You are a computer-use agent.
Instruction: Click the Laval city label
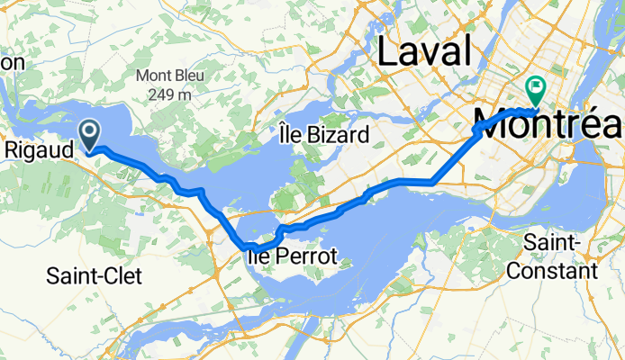(x=425, y=51)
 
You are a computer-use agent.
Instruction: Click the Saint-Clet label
(x=92, y=275)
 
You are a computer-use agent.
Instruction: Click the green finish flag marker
(x=537, y=88)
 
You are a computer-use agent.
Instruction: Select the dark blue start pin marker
(x=91, y=135)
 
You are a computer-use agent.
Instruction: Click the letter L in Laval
(x=389, y=51)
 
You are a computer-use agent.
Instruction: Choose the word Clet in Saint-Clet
(x=123, y=275)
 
